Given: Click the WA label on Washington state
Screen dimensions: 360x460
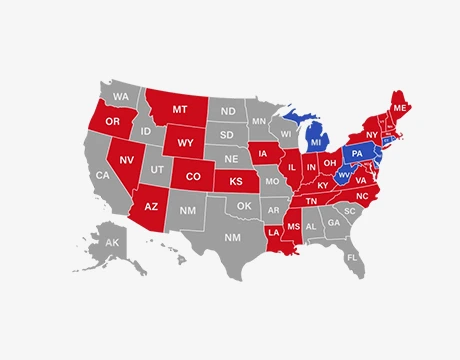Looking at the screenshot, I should [x=121, y=97].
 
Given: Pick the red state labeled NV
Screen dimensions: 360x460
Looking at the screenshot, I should [x=128, y=160].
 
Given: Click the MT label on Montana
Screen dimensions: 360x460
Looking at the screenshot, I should [x=180, y=108].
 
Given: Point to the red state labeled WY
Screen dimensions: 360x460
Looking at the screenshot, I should [x=186, y=142].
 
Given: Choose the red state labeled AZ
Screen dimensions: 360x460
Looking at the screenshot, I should [x=152, y=207].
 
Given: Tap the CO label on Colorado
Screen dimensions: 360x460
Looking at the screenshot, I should [x=193, y=177].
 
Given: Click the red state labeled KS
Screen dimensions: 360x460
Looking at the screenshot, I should [x=237, y=184].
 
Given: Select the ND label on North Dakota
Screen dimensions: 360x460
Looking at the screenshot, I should [x=228, y=111].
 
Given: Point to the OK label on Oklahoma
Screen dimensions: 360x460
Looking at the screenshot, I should [x=243, y=207].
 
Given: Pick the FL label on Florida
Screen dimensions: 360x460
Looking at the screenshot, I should [x=352, y=257].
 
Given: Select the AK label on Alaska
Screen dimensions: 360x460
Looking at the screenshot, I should [x=112, y=244].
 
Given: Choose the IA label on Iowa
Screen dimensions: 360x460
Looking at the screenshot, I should [x=265, y=155].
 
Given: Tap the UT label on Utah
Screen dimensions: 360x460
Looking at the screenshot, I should [x=157, y=171].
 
